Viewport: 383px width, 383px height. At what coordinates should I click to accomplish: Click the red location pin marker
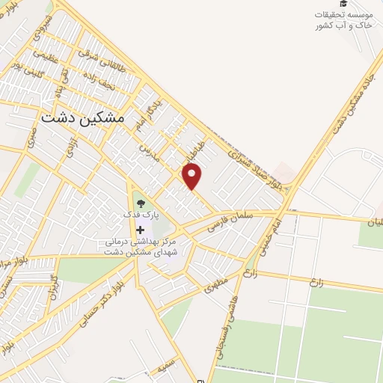click(193, 177)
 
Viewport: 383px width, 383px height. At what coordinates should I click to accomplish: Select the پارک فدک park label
click(141, 215)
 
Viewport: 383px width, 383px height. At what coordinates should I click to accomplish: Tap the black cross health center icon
click(141, 230)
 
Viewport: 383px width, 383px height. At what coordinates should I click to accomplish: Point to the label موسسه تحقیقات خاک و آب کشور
click(343, 20)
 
